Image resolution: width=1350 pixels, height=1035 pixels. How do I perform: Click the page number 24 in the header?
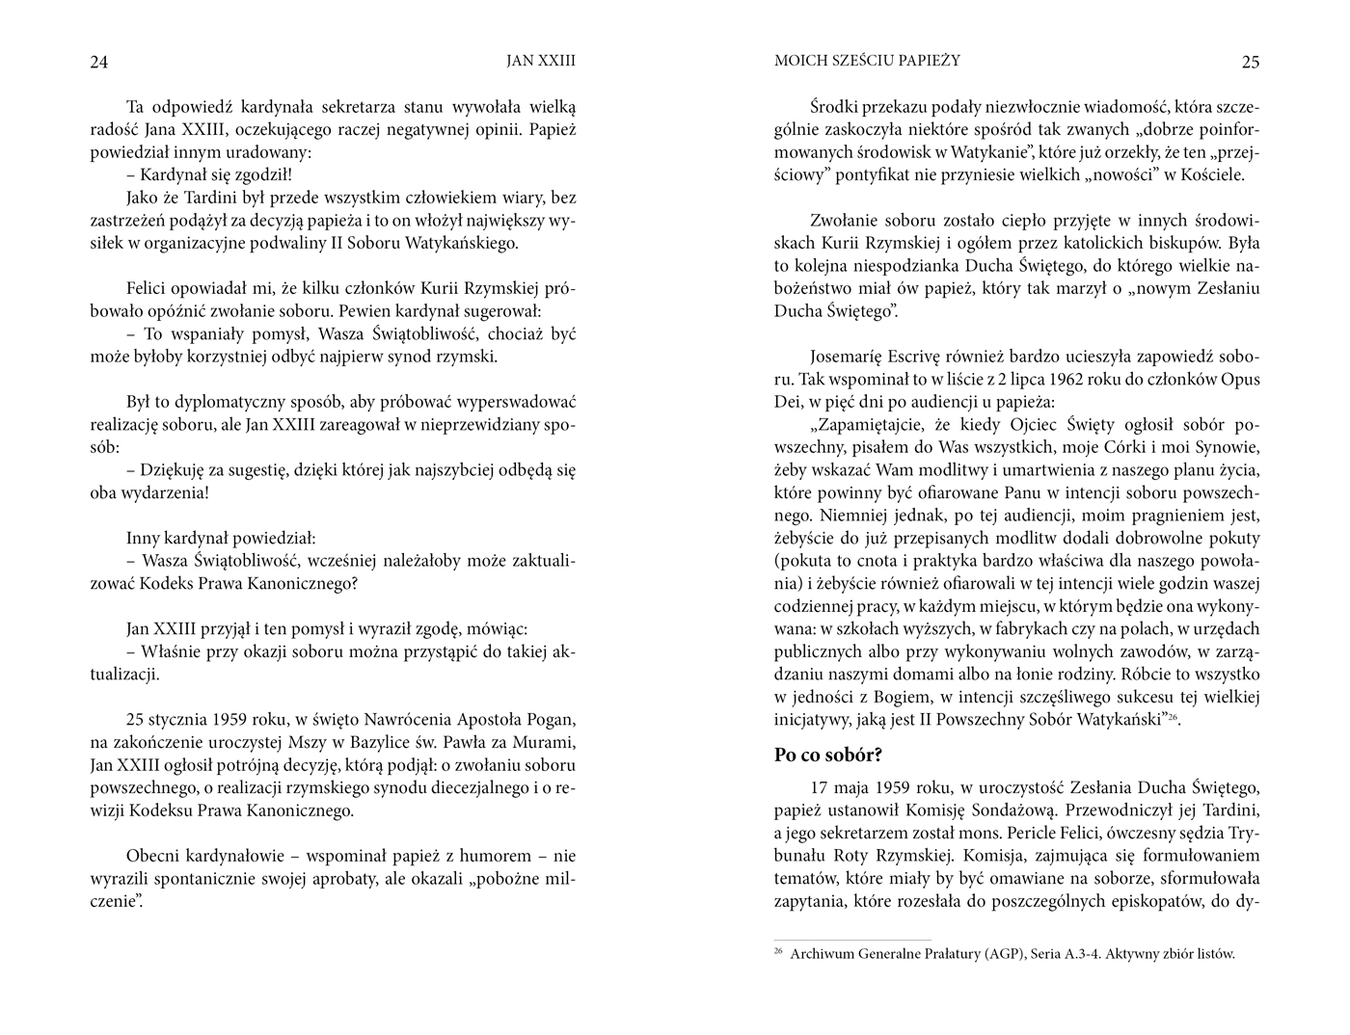pos(98,63)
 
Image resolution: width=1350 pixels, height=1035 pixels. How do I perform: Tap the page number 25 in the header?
pos(1250,63)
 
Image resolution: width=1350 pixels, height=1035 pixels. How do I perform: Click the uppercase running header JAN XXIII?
pos(541,61)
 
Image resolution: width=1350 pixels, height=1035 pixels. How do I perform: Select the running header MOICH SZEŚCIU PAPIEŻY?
pos(867,61)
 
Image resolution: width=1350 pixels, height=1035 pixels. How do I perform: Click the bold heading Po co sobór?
pos(828,755)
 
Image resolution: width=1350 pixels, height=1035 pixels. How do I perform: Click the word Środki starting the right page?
pos(837,107)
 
